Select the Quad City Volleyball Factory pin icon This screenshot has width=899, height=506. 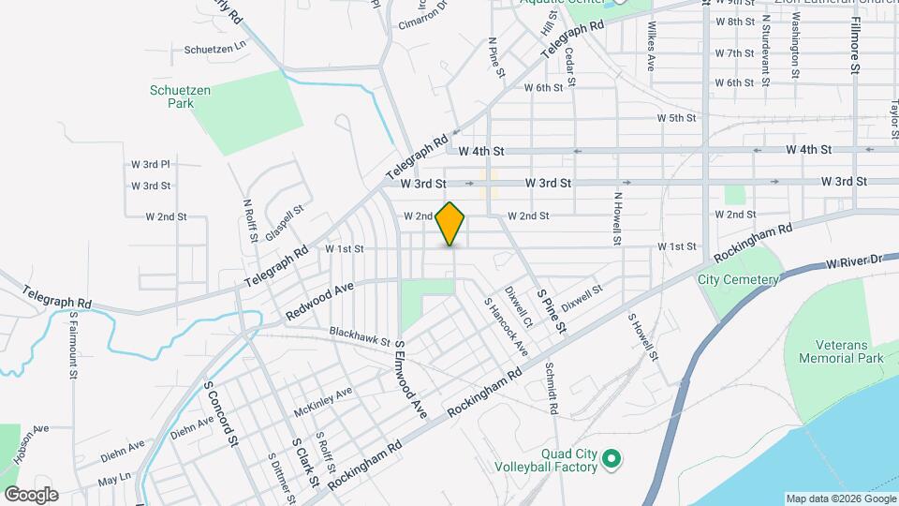612,458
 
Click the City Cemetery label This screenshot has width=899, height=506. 738,279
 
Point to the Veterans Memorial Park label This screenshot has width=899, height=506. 840,351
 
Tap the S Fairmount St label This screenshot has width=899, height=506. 73,349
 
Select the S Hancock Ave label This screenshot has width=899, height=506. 506,327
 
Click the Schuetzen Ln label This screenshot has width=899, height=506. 214,46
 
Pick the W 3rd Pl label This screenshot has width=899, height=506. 150,164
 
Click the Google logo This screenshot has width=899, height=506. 31,495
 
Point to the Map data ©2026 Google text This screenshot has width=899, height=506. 840,499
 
